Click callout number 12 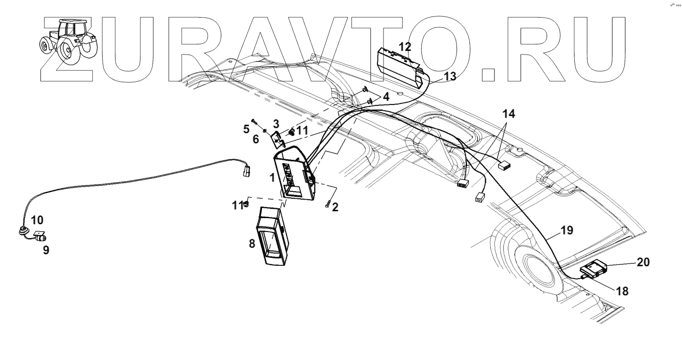[405, 47]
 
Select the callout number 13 [450, 76]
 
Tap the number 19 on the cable [567, 230]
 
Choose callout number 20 [643, 262]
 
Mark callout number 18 [621, 291]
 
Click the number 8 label [252, 244]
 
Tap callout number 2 [335, 207]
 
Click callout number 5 [246, 129]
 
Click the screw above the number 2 [328, 203]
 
